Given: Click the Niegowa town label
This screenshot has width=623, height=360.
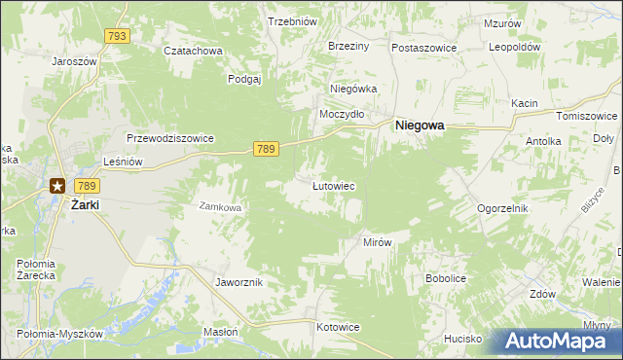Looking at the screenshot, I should [x=420, y=126].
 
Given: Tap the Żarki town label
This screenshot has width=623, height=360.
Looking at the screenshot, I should [x=86, y=205].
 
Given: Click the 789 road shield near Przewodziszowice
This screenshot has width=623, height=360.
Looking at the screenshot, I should [x=267, y=148].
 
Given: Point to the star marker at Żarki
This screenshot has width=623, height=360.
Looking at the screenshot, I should [x=57, y=186].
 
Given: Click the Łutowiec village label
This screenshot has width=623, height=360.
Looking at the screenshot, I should [x=332, y=185].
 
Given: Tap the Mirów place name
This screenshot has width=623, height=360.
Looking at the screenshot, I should [x=377, y=242].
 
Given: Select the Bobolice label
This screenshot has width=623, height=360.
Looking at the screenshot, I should [x=448, y=278].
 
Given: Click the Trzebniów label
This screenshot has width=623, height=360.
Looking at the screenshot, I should [x=294, y=21].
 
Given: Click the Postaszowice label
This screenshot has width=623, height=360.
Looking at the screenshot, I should [x=425, y=47].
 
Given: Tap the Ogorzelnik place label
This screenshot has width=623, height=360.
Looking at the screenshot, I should [x=502, y=208].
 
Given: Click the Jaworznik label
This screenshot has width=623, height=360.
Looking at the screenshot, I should [x=238, y=281].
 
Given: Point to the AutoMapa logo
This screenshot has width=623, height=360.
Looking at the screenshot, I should [x=558, y=342].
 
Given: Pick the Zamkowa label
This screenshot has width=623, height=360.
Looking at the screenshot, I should [x=219, y=206].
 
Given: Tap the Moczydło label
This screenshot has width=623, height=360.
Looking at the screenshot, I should [x=343, y=114].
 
